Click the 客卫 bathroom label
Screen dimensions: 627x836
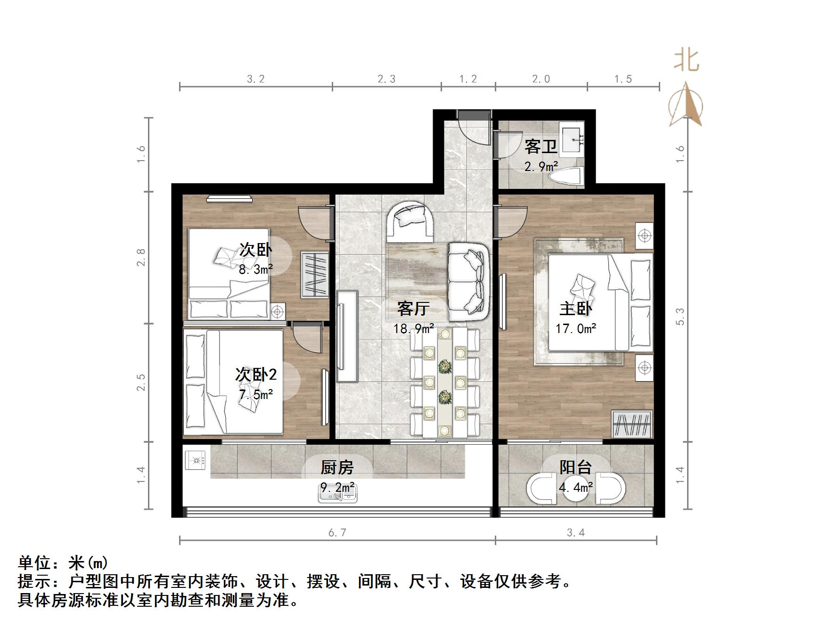pos(541,147)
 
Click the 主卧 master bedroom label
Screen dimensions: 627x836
pos(575,309)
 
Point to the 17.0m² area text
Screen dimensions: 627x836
pos(575,328)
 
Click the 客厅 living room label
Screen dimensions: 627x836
pos(413,309)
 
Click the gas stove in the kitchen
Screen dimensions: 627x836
pos(196,460)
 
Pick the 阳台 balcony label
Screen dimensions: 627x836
pos(575,467)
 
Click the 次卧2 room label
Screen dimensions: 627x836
pos(256,375)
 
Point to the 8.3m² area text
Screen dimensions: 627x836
pos(256,269)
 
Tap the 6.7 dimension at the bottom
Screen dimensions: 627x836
pos(337,532)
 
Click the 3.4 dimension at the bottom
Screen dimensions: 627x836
pos(576,532)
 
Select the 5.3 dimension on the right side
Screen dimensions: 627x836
pos(680,316)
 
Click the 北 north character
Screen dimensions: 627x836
pos(686,61)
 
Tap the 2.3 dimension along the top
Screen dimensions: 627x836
pos(386,79)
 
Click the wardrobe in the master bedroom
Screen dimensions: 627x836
pos(632,424)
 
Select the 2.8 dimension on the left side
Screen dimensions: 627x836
pos(141,257)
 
